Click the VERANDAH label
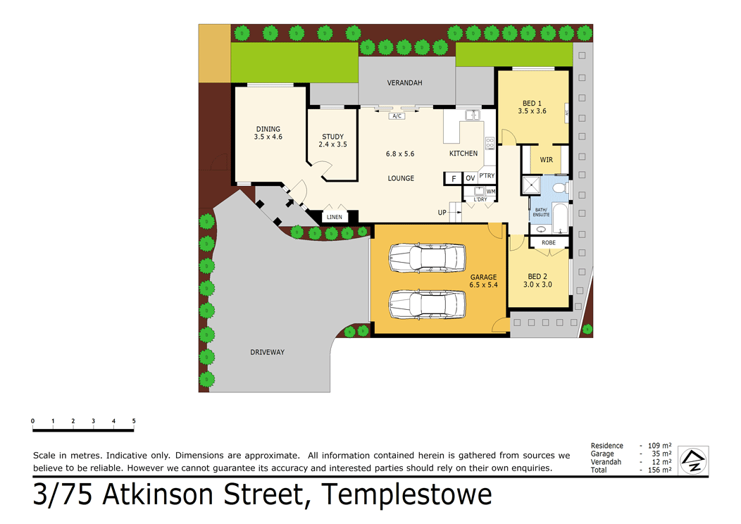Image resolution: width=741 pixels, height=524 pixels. click(404, 82)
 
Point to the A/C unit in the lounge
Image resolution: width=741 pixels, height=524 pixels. click(397, 116)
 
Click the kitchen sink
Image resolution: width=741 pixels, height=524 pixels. click(473, 116)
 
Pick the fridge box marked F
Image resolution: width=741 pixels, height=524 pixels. click(453, 179)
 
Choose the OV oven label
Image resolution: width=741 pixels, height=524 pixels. click(471, 178)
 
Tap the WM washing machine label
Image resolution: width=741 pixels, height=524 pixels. click(490, 192)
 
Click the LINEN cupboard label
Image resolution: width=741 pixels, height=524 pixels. click(335, 217)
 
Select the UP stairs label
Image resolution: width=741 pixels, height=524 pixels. click(442, 213)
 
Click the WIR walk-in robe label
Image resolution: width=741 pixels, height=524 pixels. click(547, 160)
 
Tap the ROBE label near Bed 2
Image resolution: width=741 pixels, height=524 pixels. click(549, 242)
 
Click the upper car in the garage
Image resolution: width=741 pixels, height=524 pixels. click(428, 258)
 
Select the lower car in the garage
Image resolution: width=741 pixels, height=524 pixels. click(428, 304)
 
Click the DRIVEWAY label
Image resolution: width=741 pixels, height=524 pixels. click(268, 352)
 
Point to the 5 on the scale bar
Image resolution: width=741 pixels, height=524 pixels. click(134, 421)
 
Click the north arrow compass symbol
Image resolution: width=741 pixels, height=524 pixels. click(693, 461)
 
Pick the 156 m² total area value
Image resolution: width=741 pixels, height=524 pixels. click(660, 470)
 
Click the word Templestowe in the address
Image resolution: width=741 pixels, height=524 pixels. click(406, 494)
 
